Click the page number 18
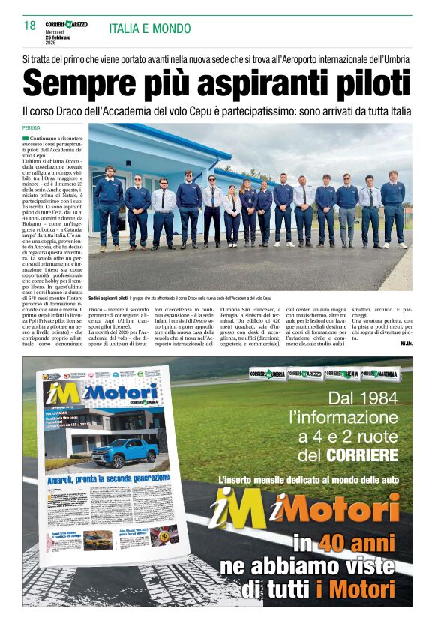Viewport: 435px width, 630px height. [30, 25]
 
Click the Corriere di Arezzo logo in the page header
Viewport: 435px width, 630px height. [66, 25]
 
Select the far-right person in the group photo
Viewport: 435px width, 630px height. [392, 207]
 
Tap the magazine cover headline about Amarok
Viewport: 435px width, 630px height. [104, 477]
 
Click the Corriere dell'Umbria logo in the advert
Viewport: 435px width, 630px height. [268, 373]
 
